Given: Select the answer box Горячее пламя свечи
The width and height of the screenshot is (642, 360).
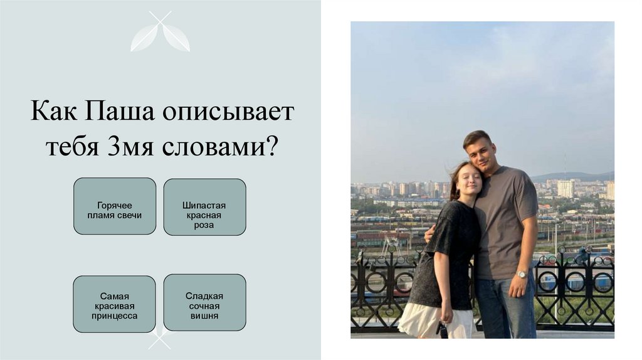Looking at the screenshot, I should (115, 206).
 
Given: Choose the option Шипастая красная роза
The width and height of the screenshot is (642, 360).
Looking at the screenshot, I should (204, 207).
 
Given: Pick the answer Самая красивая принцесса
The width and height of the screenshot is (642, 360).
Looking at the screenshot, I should (115, 304).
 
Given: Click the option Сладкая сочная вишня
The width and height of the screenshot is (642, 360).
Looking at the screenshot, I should (204, 303).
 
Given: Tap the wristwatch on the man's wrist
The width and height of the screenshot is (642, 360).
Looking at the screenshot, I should (521, 274).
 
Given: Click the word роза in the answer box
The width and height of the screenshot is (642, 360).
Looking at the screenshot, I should (204, 225).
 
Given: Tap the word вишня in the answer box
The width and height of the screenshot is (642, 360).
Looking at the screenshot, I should (204, 315).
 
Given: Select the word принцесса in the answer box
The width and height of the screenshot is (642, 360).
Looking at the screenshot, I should (115, 316).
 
